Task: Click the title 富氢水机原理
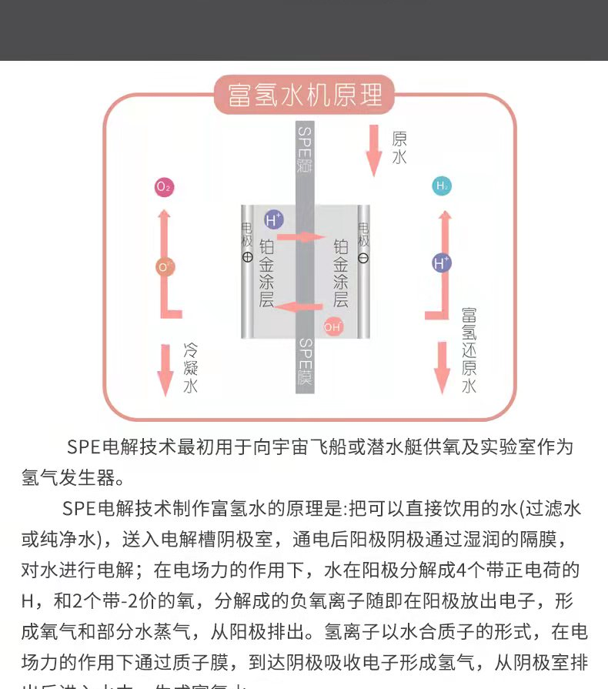tap(304, 95)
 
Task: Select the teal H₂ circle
tap(442, 186)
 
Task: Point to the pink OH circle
tap(333, 327)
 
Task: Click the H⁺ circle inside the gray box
tap(272, 220)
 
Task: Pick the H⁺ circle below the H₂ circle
tap(441, 263)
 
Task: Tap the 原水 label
tap(399, 148)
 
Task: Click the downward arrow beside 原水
tap(374, 148)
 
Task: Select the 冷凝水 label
tap(190, 368)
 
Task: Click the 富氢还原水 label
tap(469, 350)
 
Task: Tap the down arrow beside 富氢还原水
tap(442, 367)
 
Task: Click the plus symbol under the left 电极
tap(247, 258)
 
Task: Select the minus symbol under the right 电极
tap(363, 258)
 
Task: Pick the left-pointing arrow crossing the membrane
tap(300, 307)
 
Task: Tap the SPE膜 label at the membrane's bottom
tap(305, 362)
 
